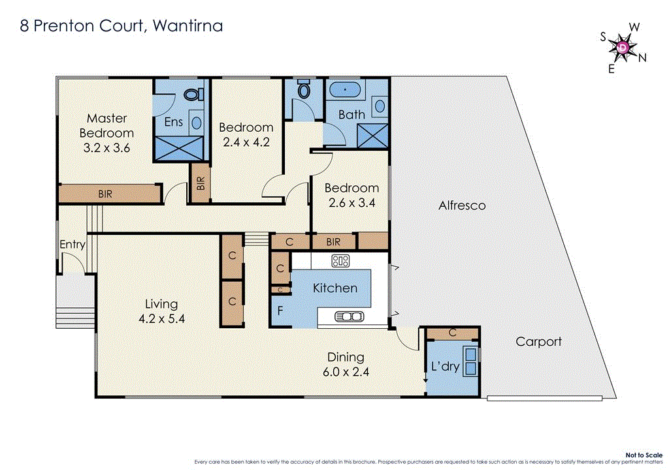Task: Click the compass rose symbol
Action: (x=623, y=47)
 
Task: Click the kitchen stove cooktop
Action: (x=340, y=261)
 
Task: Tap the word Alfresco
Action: (x=462, y=205)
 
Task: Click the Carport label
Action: (x=538, y=341)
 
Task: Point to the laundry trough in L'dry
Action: (x=470, y=361)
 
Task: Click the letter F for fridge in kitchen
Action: (x=280, y=311)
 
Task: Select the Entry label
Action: (x=72, y=245)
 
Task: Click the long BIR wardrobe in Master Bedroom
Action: (x=109, y=194)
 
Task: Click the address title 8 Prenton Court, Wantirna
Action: (x=121, y=25)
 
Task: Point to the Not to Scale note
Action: (x=644, y=455)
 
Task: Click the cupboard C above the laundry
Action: (x=453, y=333)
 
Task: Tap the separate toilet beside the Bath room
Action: (x=304, y=90)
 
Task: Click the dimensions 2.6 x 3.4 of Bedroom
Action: (x=351, y=204)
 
